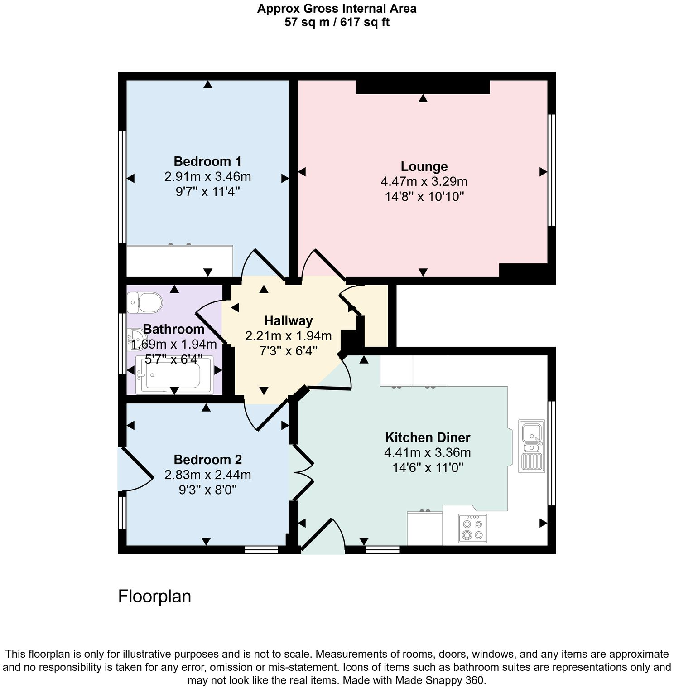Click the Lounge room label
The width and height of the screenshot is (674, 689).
[424, 166]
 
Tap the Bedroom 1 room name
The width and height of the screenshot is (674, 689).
[207, 161]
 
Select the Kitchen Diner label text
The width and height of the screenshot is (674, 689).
[427, 437]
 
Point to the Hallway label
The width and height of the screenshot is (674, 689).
[289, 321]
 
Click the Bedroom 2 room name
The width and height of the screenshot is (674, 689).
[207, 460]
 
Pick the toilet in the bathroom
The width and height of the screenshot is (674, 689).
[145, 302]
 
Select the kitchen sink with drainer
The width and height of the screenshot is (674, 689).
[532, 446]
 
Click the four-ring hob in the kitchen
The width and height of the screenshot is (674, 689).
[472, 529]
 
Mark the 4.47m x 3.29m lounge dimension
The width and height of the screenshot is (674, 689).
[424, 182]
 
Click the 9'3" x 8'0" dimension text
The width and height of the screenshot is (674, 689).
[207, 490]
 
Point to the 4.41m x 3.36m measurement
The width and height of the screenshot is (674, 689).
[427, 452]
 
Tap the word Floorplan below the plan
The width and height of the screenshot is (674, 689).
[154, 596]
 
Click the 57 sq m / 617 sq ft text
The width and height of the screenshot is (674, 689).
[337, 22]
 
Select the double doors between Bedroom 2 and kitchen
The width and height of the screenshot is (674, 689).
[302, 473]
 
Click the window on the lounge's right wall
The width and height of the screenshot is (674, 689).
[551, 170]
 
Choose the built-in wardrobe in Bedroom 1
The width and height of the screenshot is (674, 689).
[179, 261]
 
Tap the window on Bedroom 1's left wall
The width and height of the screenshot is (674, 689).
[122, 187]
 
